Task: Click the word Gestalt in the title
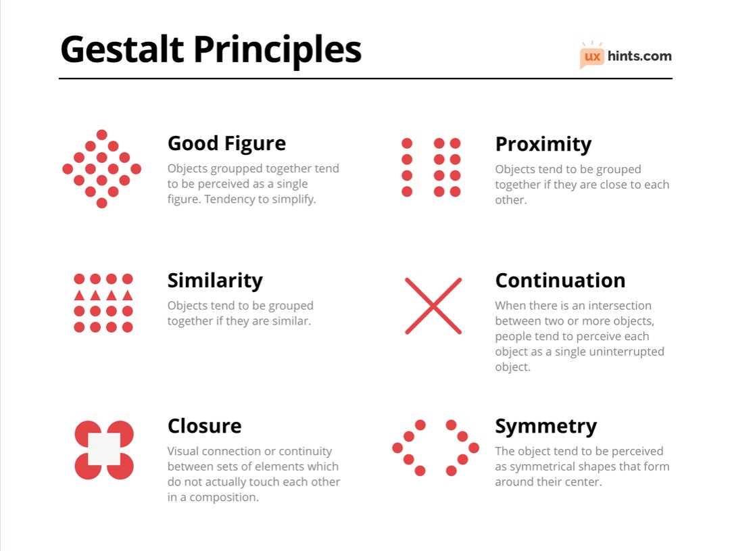(122, 50)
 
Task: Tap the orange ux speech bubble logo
(592, 57)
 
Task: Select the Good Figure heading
(226, 143)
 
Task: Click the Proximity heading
(543, 144)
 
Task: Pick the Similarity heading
(215, 280)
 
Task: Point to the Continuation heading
(560, 280)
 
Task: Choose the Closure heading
(204, 426)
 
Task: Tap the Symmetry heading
(545, 426)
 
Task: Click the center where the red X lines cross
(433, 306)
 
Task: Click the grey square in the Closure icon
(104, 449)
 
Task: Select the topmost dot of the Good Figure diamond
(102, 135)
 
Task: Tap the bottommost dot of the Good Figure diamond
(102, 203)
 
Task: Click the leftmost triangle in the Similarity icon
(79, 295)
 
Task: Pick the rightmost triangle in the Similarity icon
(128, 295)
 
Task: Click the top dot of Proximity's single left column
(407, 143)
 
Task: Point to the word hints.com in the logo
(639, 56)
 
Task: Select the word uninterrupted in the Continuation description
(626, 352)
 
